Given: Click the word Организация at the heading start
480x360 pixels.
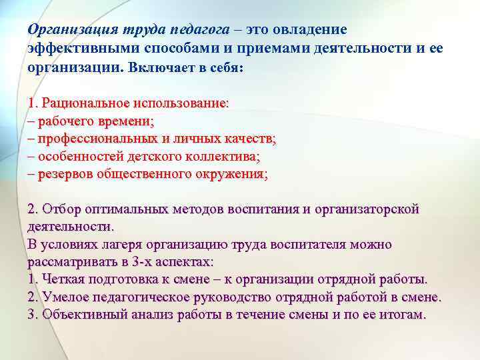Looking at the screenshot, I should pyautogui.click(x=67, y=31).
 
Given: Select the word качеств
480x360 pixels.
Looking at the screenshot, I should pyautogui.click(x=250, y=139).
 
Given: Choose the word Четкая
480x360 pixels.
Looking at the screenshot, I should pyautogui.click(x=63, y=279).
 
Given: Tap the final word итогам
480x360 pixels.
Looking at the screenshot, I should pyautogui.click(x=402, y=314).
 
